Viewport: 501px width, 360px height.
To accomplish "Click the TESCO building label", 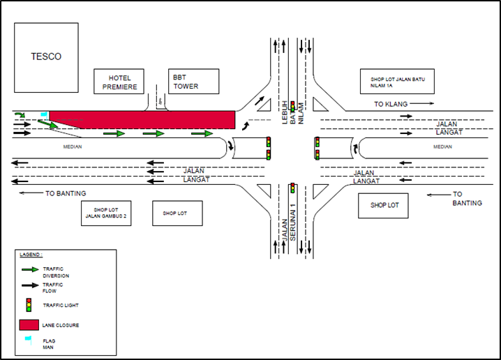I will [45, 57].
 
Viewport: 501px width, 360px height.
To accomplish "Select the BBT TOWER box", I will [186, 82].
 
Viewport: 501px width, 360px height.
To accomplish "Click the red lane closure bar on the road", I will [142, 119].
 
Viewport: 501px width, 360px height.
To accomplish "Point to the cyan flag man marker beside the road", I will [44, 114].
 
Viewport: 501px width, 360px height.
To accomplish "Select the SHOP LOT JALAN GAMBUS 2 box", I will [106, 213].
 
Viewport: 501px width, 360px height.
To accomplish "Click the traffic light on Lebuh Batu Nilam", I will [293, 105].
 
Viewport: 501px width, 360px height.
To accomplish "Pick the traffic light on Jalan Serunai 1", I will [293, 188].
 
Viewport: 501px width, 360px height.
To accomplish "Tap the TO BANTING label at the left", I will [66, 193].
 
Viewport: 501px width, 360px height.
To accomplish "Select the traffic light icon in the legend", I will [29, 305].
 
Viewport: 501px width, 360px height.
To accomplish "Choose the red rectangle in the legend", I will [29, 325].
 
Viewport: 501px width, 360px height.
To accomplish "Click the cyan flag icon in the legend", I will [28, 340].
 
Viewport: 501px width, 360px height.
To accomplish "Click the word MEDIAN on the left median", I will [73, 147].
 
